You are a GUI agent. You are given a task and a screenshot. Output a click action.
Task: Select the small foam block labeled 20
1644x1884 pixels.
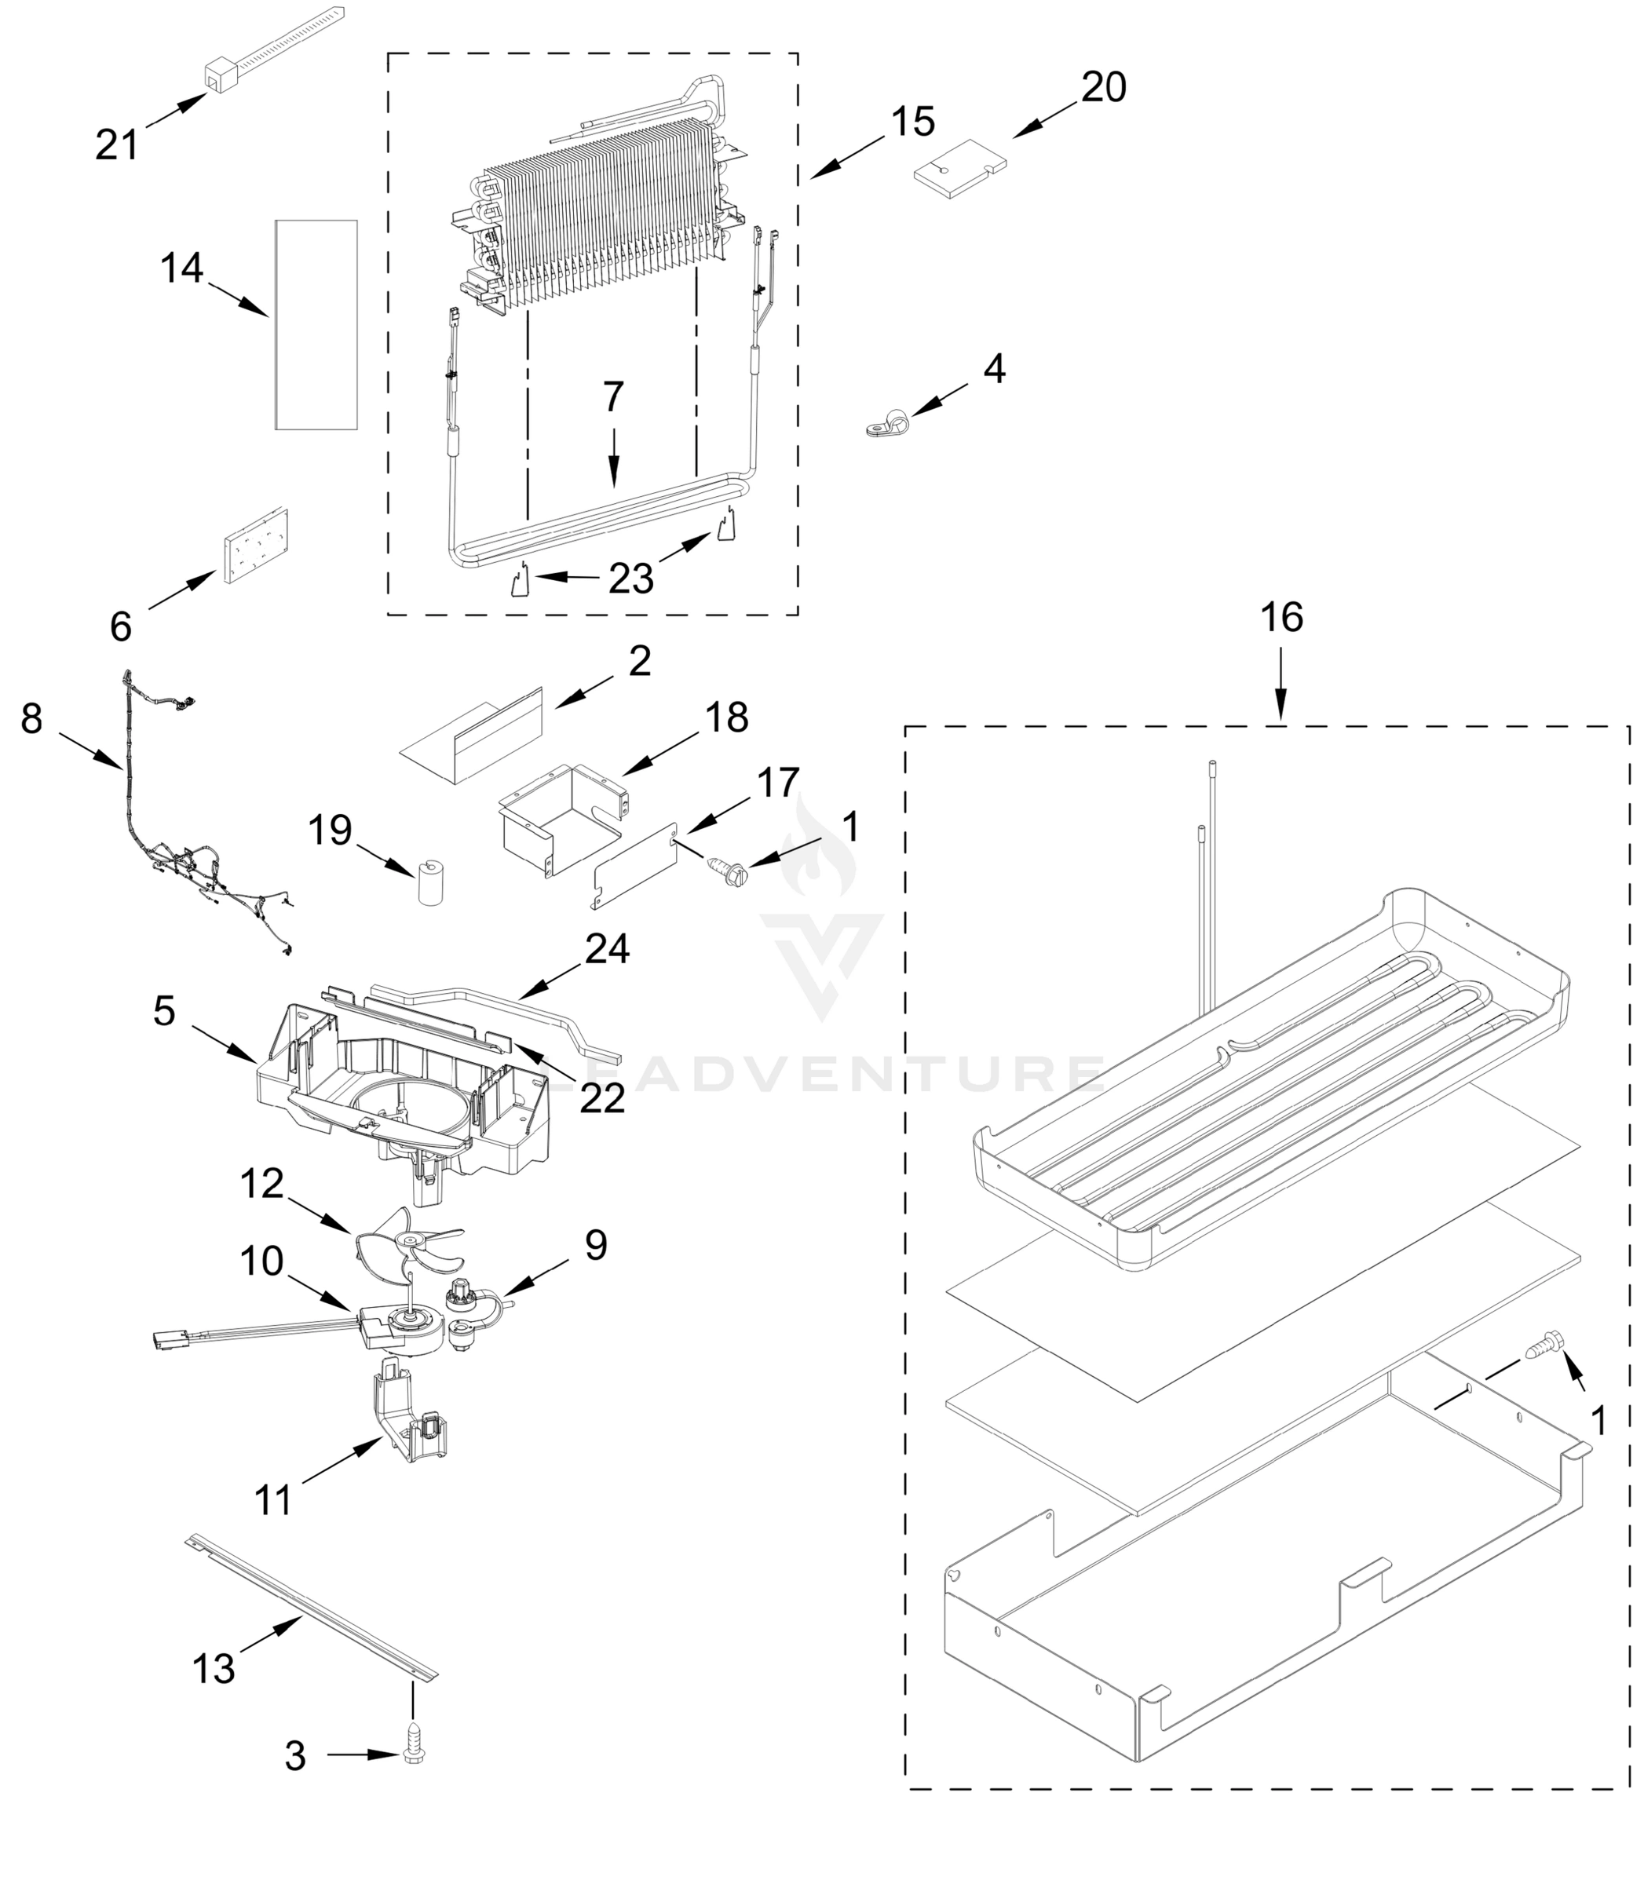point(959,168)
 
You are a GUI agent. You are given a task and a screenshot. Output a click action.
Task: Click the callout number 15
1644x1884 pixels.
point(913,122)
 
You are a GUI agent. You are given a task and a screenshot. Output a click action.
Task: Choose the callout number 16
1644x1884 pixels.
point(1280,619)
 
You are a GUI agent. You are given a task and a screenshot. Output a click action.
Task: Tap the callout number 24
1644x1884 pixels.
point(608,949)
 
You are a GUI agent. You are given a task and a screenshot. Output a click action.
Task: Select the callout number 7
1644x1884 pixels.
point(614,397)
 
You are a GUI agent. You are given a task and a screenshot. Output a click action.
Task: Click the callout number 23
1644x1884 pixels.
point(631,578)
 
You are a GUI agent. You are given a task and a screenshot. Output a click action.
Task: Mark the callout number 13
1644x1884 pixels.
point(214,1667)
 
